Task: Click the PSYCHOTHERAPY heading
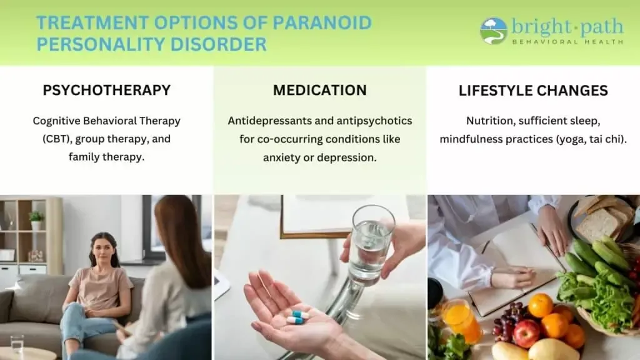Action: (x=106, y=90)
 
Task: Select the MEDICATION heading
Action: (x=320, y=90)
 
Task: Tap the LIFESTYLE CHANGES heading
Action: (x=533, y=90)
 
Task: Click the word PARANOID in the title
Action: (x=322, y=23)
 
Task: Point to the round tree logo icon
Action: (x=494, y=31)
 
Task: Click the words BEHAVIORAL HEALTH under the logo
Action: (x=567, y=42)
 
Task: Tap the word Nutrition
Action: (x=489, y=121)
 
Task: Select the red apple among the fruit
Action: (x=526, y=333)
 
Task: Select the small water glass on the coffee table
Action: (x=17, y=344)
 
